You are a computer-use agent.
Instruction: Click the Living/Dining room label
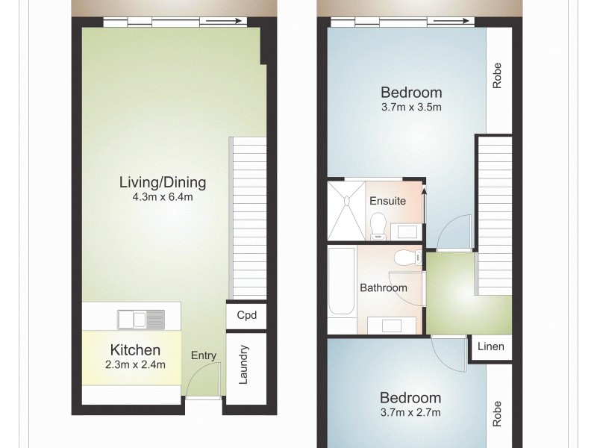163,181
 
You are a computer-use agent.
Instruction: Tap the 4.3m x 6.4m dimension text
163,197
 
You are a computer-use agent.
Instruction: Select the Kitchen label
135,349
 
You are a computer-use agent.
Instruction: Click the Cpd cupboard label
246,315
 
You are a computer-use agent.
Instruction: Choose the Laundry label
243,364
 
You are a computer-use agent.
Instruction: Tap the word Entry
204,355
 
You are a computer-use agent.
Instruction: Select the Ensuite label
388,201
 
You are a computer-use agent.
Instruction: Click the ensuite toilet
378,225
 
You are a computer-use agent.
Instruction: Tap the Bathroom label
384,287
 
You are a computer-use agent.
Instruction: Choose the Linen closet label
490,346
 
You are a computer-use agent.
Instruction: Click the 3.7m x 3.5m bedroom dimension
411,107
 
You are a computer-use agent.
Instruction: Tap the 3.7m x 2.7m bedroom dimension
411,412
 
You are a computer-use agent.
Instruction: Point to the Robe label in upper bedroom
497,75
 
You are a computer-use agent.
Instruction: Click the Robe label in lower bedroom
497,415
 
